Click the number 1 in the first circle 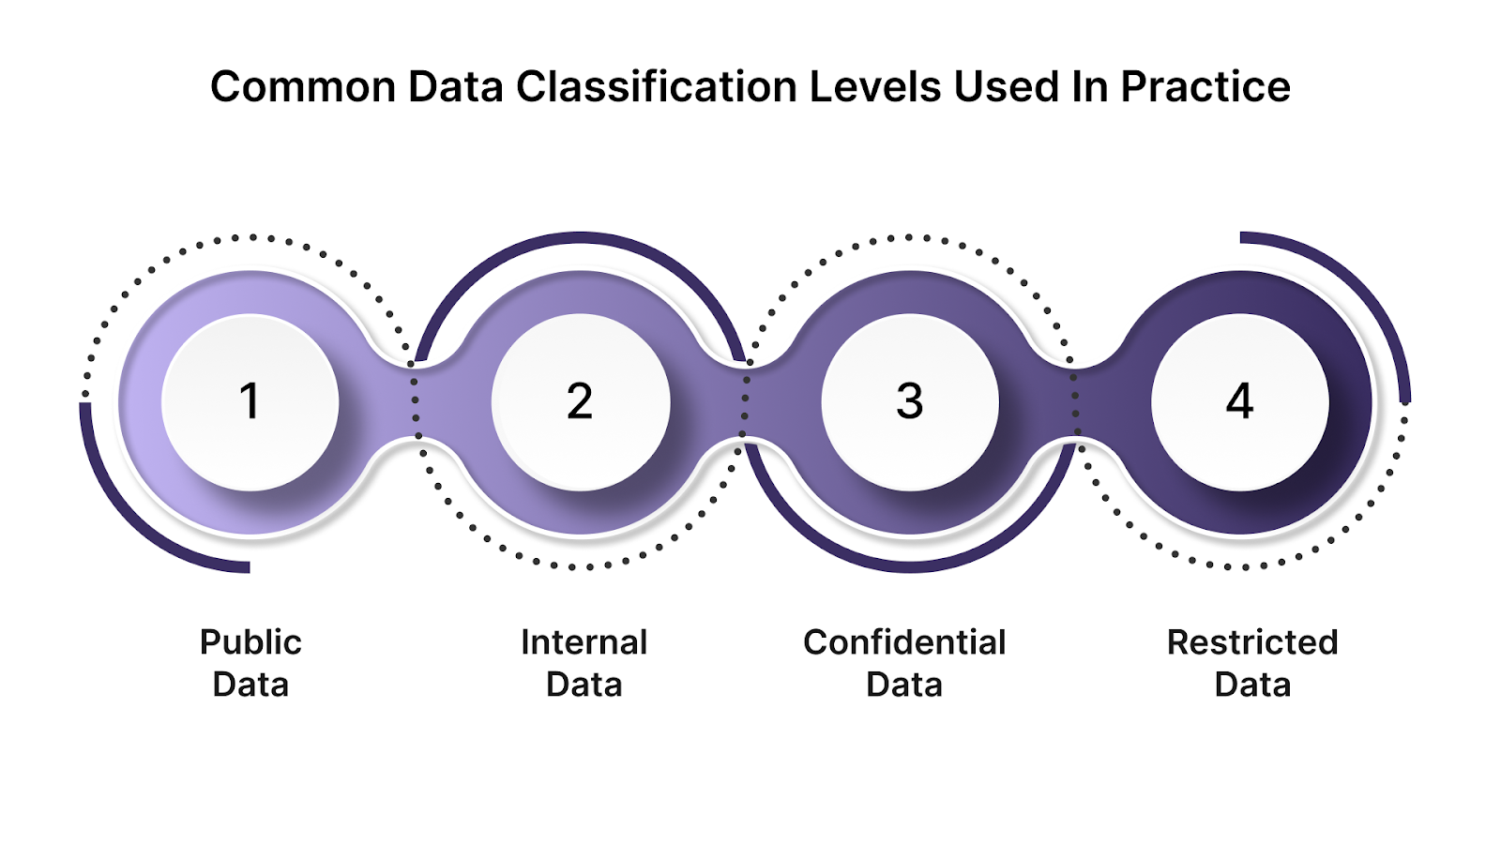click(x=250, y=401)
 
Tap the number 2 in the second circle click(x=580, y=401)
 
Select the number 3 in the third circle click(x=910, y=401)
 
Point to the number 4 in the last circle click(x=1240, y=401)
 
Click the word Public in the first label click(x=250, y=642)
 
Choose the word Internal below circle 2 click(x=584, y=642)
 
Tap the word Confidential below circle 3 click(x=904, y=642)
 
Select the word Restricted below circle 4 click(x=1252, y=642)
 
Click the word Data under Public click(x=250, y=685)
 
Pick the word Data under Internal click(x=584, y=685)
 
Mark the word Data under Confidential click(x=904, y=685)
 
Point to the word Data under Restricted click(x=1252, y=685)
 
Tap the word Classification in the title click(x=658, y=87)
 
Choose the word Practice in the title click(x=1205, y=87)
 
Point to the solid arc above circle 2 click(x=581, y=238)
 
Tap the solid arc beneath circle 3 click(x=910, y=565)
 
